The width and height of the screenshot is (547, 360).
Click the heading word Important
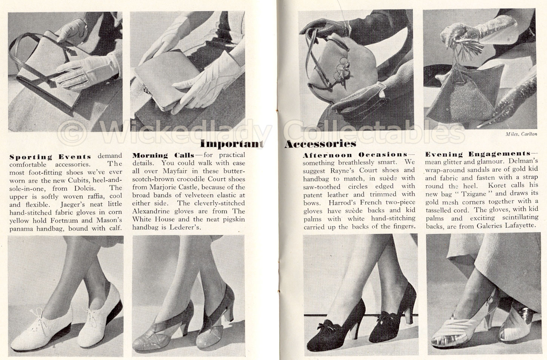pos(231,144)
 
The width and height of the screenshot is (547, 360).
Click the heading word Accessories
pos(320,144)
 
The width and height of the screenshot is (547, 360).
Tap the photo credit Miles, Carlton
pos(521,134)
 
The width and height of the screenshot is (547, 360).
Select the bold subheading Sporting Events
pos(50,156)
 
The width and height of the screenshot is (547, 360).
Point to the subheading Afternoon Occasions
pos(355,155)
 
